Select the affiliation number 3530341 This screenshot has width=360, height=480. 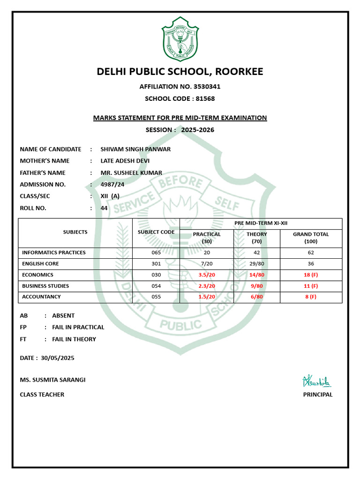coord(204,87)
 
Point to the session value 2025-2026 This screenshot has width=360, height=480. coord(197,130)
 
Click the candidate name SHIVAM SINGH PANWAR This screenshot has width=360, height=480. coord(135,149)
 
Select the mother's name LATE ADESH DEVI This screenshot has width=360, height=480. coord(125,161)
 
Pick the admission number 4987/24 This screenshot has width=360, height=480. coord(112,184)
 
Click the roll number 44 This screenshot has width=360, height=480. coord(104,208)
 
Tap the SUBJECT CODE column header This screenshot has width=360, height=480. coord(156,232)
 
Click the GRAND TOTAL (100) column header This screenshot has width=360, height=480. coord(311,237)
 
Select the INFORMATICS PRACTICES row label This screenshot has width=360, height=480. coord(54,253)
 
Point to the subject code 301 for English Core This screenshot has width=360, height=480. coord(156,264)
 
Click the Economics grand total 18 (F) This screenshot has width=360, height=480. coord(311,275)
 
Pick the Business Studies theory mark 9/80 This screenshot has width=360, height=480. coord(256,286)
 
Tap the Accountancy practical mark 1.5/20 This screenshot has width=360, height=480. coord(206,297)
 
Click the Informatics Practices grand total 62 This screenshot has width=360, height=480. coord(311,253)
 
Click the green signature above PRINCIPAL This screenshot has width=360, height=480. coord(317,380)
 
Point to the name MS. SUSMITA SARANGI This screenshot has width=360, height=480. coord(52,380)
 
